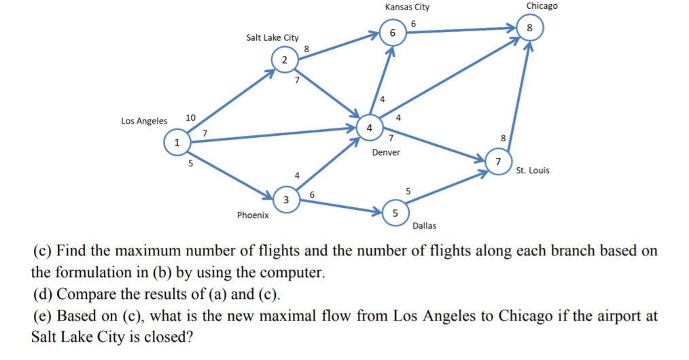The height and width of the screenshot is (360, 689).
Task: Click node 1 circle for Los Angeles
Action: pos(177,143)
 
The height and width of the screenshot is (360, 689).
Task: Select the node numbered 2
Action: pos(284,60)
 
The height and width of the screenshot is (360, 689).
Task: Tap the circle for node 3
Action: pos(286,200)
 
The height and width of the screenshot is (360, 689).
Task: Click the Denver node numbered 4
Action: pos(369,128)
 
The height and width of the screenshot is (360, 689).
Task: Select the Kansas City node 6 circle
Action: pos(392,33)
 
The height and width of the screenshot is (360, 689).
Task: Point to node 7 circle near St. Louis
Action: pos(499,162)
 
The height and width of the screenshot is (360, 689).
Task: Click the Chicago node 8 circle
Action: pos(530,28)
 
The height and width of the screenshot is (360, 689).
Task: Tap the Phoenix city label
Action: pos(253,215)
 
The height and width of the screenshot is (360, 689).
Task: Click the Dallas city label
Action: pos(425,226)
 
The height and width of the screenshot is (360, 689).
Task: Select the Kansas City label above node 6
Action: pos(407,7)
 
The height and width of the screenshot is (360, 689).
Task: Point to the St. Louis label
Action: pos(533,170)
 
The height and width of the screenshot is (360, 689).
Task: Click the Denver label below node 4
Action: pos(386,152)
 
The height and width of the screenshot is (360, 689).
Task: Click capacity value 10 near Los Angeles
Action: pos(190,118)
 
